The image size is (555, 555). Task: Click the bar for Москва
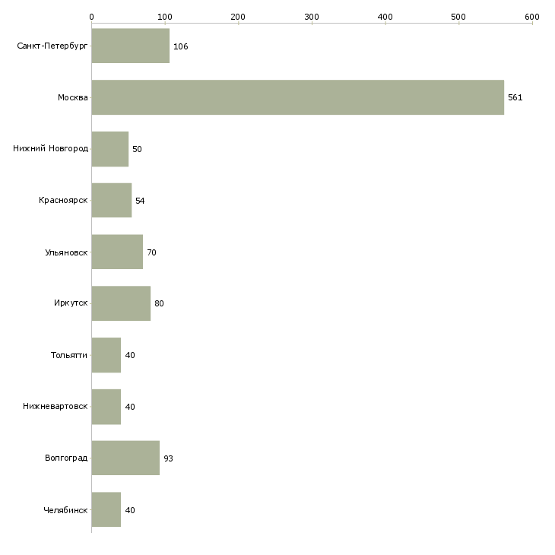click(297, 97)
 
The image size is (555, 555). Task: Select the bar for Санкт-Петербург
click(130, 46)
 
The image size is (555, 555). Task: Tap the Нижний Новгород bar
click(109, 149)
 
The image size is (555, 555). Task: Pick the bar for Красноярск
click(111, 201)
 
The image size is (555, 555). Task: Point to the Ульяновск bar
click(117, 252)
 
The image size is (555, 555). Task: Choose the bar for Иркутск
click(121, 303)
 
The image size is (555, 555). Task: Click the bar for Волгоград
click(125, 458)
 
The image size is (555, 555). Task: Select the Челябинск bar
click(106, 510)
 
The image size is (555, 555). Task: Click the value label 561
click(515, 97)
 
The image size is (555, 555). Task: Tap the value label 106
click(180, 46)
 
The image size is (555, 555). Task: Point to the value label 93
click(168, 458)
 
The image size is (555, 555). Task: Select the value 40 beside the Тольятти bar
click(130, 355)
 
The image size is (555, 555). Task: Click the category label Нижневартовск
click(55, 407)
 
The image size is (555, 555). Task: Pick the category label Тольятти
click(69, 355)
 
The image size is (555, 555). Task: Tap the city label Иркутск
click(71, 303)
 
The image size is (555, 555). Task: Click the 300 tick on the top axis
click(312, 17)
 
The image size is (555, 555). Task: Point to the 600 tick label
click(531, 17)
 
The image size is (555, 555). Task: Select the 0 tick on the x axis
click(91, 17)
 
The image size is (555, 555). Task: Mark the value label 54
click(140, 201)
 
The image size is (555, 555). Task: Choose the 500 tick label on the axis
click(458, 17)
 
